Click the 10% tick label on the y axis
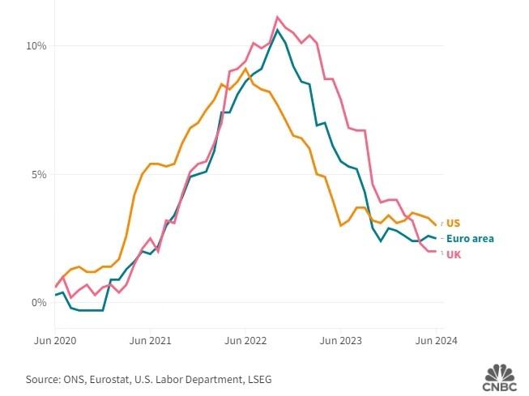point(36,46)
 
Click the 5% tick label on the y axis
point(38,174)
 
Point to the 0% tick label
point(38,303)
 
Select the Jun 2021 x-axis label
point(150,340)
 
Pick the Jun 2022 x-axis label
point(245,340)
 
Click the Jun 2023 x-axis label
point(341,340)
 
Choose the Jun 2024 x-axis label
point(436,340)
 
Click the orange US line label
point(453,223)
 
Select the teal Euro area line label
point(470,238)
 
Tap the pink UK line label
point(454,254)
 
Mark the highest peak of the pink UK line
point(278,16)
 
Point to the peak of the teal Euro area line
point(278,30)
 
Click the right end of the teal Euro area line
point(437,238)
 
